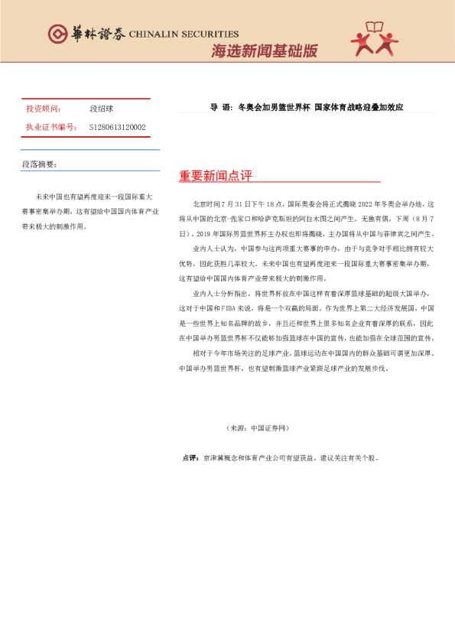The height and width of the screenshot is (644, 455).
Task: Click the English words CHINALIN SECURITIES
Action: click(x=184, y=34)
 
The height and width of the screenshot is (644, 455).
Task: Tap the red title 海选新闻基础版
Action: click(x=264, y=52)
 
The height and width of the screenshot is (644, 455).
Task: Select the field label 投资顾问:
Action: click(x=43, y=109)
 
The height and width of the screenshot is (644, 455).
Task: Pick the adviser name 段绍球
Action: click(x=100, y=109)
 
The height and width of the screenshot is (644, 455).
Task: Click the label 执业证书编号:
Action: click(x=50, y=127)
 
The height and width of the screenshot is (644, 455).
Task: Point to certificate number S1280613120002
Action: click(x=117, y=127)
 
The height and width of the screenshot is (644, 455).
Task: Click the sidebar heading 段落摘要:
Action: click(x=39, y=164)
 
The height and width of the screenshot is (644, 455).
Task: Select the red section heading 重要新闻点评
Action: click(x=215, y=176)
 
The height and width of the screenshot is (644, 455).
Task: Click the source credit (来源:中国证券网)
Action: click(x=257, y=428)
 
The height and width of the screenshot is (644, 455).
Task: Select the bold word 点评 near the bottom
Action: click(x=190, y=458)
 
